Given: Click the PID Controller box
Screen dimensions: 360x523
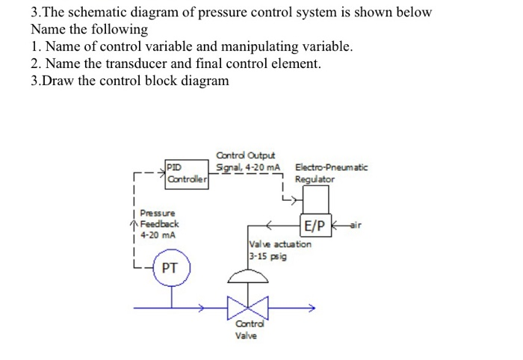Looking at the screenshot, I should point(186,172).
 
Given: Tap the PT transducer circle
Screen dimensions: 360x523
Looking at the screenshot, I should point(170,267).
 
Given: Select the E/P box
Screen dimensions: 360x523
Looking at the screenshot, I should point(315,225).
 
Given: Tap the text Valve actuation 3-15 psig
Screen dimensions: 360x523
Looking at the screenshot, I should point(279,249).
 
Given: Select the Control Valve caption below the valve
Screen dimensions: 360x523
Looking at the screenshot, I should point(247,330).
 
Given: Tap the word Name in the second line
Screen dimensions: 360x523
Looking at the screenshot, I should point(47,30).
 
